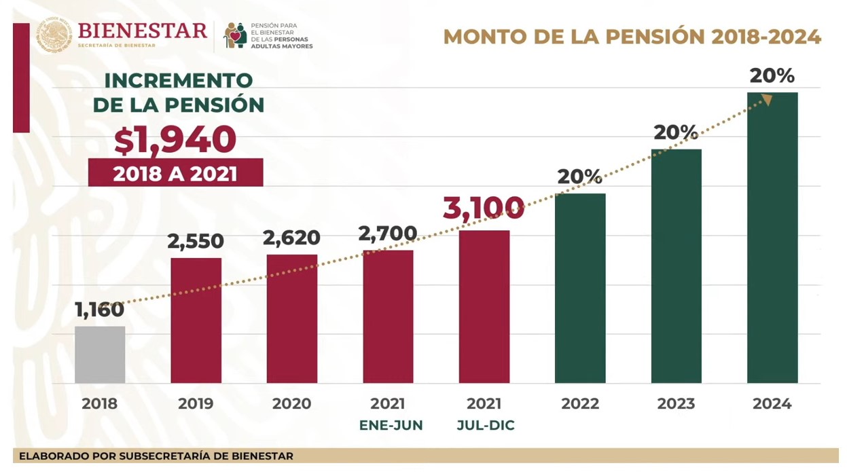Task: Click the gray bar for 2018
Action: point(100,354)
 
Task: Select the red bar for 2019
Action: point(196,321)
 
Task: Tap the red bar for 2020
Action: point(292,318)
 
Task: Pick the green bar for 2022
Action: point(580,288)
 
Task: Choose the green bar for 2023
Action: point(676,266)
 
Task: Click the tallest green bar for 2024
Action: point(772,238)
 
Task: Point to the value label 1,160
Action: point(100,310)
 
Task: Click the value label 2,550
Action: point(196,241)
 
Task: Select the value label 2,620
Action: point(292,238)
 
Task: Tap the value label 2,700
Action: point(388,234)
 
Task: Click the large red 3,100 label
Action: point(484,208)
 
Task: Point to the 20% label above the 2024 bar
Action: point(772,75)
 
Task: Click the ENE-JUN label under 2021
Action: point(391,426)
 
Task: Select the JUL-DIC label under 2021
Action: point(486,426)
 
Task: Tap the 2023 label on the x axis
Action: point(676,403)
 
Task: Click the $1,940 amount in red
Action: point(175,141)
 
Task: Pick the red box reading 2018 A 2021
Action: point(175,173)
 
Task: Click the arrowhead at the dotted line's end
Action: point(768,100)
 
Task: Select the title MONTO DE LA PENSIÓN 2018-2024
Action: point(632,37)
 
